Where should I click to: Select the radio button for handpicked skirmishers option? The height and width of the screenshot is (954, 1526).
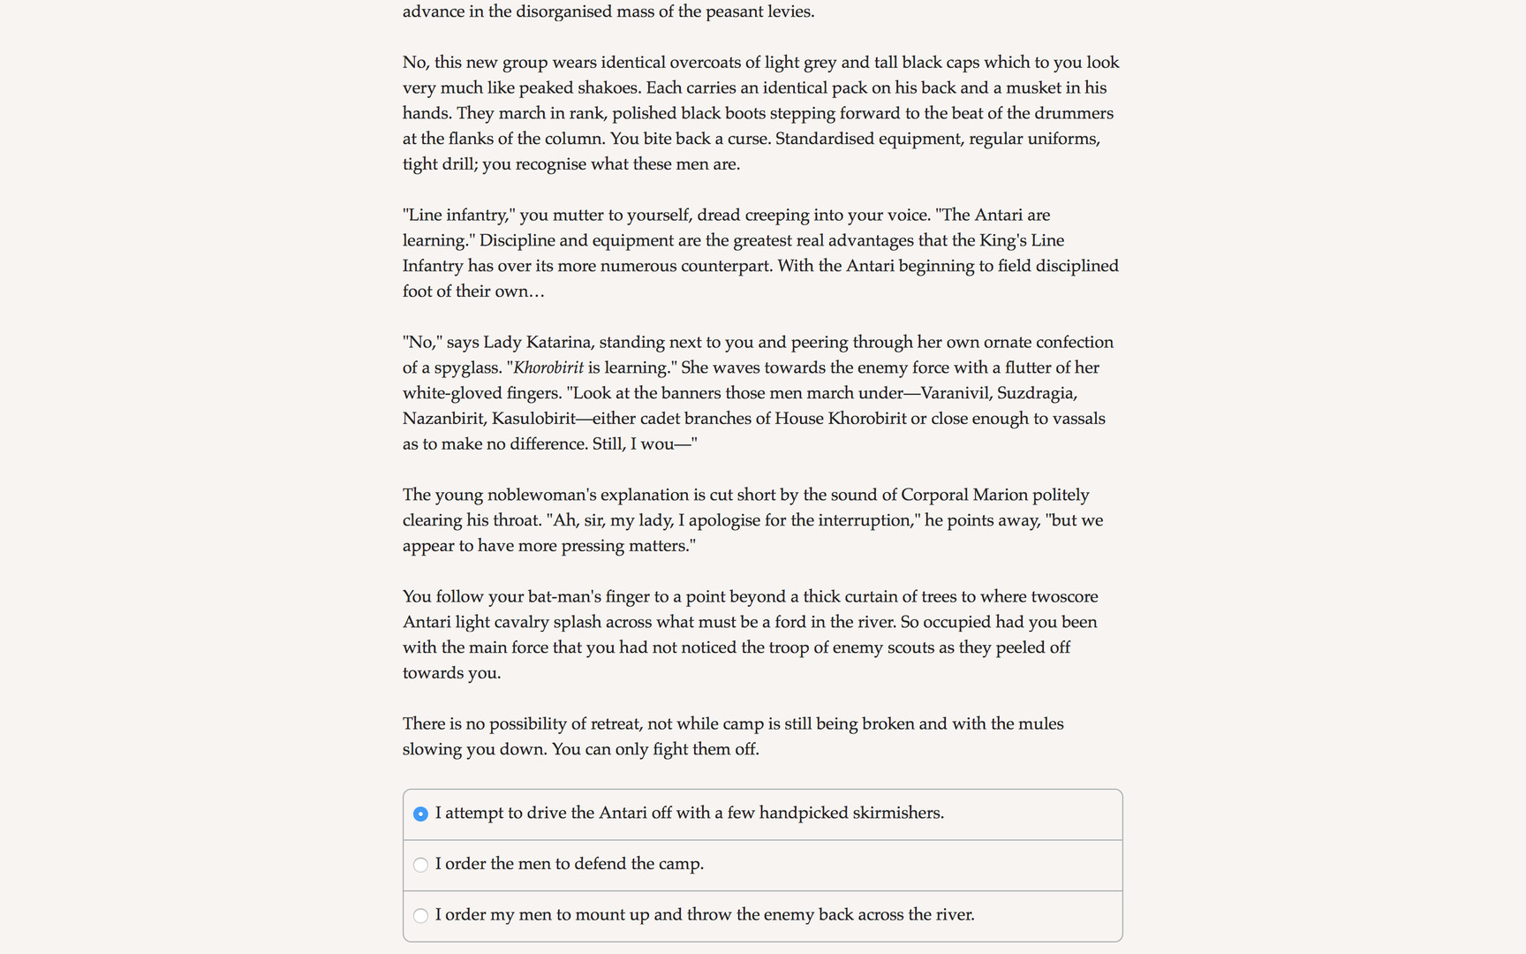[420, 814]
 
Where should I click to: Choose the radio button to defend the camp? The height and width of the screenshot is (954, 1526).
[420, 865]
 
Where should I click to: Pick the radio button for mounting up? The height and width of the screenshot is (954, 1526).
[420, 916]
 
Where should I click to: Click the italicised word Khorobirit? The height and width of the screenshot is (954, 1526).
[548, 367]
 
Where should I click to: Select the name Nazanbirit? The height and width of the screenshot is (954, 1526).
[442, 419]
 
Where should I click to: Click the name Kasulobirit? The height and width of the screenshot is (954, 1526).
[533, 419]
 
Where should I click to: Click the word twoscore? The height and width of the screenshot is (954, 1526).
[1064, 596]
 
